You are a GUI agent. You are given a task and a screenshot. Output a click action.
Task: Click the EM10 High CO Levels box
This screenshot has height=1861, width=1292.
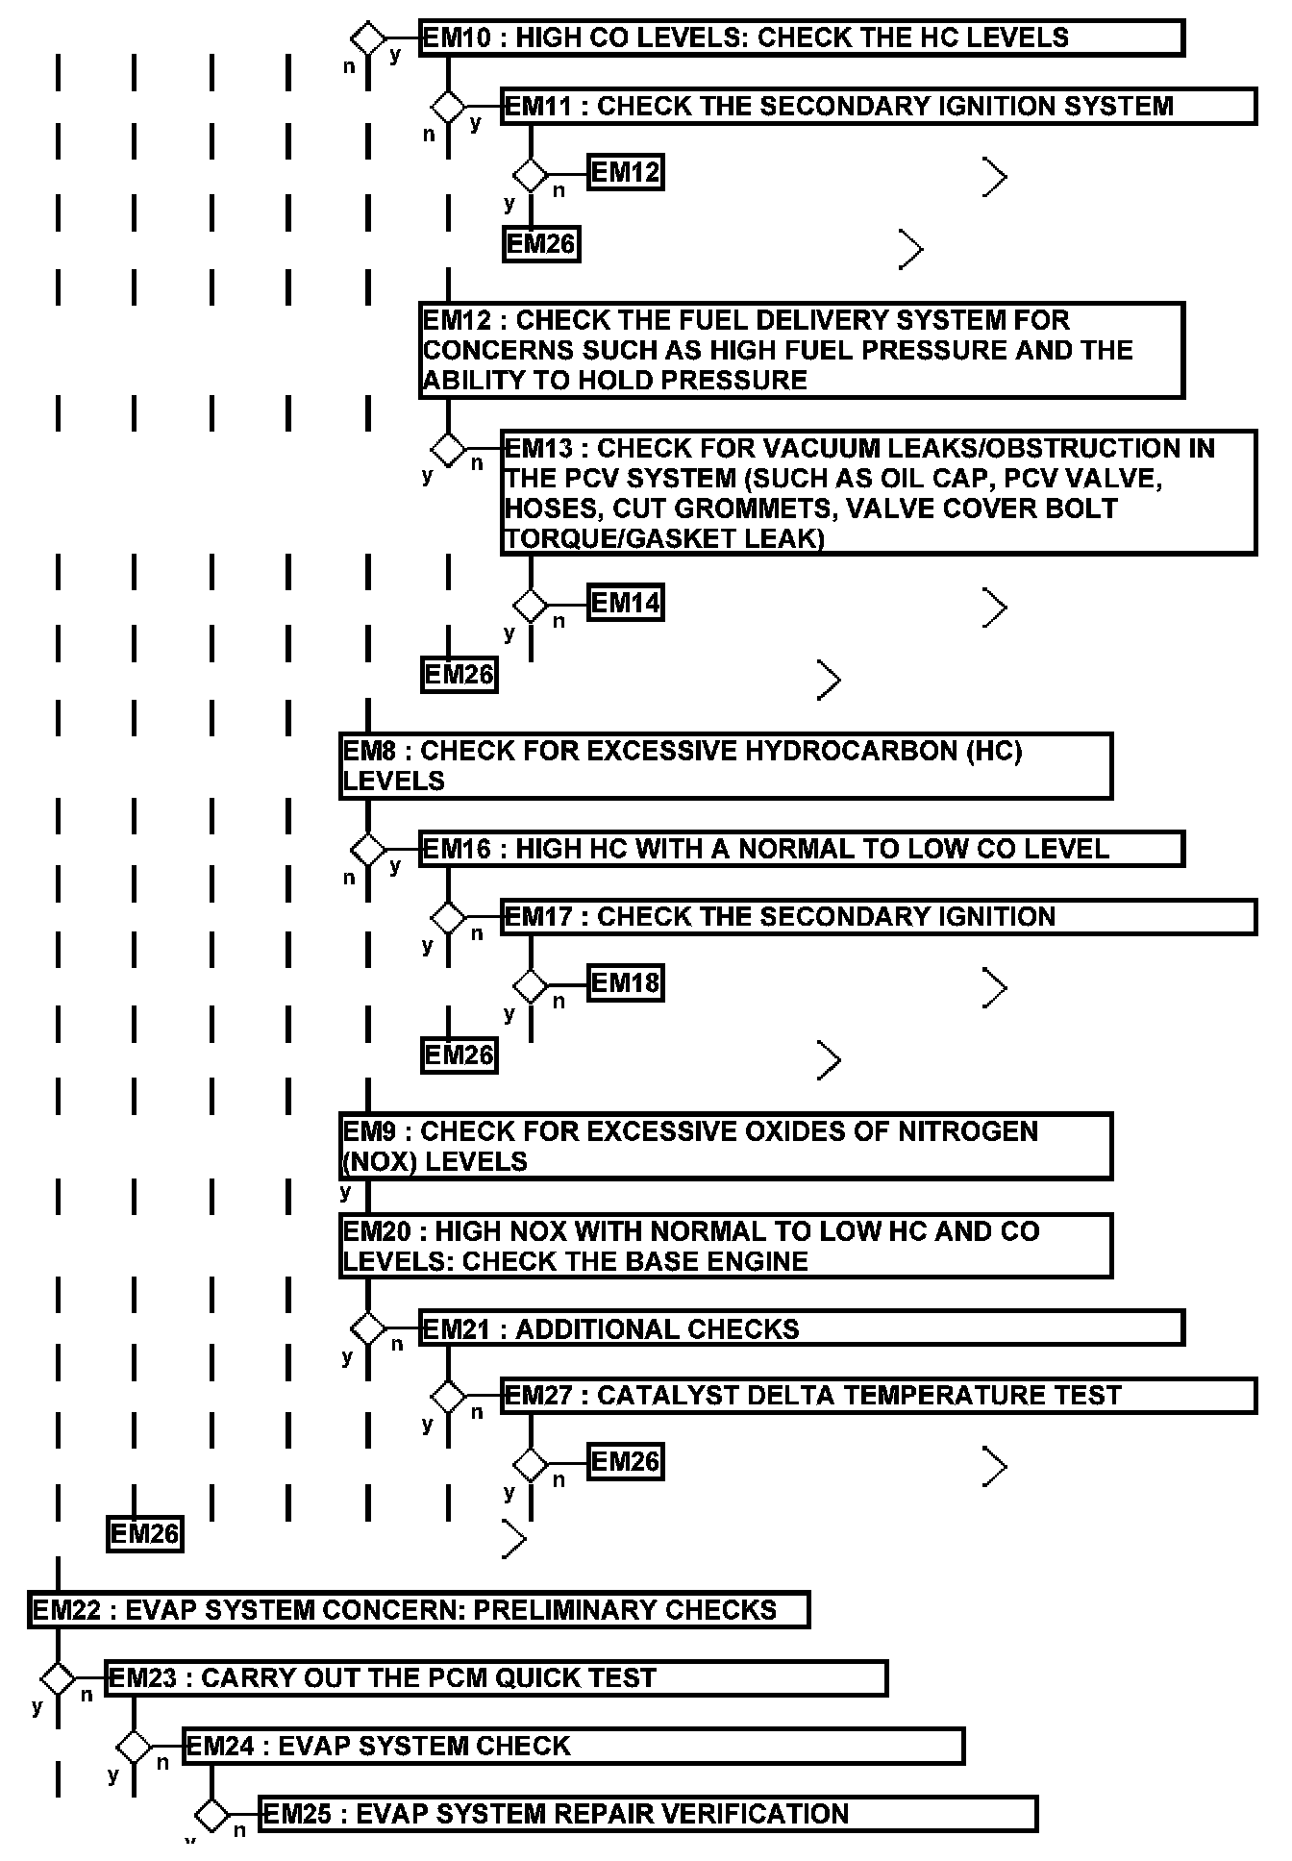[801, 38]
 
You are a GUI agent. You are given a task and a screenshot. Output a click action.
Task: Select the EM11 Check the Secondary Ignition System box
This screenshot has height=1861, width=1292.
[878, 107]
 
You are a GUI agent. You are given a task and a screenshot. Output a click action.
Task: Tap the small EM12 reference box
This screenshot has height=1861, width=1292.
[625, 173]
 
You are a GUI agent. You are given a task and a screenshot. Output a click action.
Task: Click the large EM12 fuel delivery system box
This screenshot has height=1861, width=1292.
[801, 350]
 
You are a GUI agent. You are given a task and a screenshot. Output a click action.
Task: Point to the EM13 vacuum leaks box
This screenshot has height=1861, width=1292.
[878, 493]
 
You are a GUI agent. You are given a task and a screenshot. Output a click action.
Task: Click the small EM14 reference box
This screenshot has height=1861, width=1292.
[625, 604]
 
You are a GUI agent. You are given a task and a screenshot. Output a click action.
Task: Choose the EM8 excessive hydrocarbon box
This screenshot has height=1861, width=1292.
[726, 766]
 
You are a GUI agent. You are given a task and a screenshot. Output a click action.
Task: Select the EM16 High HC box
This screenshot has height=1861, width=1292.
[801, 849]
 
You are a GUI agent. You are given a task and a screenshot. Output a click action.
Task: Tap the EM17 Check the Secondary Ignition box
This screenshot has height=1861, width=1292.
[878, 917]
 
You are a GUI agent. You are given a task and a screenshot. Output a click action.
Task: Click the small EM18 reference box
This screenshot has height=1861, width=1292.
[625, 983]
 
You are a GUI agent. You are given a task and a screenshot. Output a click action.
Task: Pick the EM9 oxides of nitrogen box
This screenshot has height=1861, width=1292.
[726, 1147]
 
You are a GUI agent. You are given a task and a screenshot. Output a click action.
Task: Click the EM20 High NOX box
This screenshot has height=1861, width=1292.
[726, 1247]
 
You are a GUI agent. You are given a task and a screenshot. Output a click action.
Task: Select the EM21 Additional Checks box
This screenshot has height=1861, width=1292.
[801, 1329]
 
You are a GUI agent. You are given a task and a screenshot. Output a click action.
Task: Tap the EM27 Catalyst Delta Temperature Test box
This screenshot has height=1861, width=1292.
[878, 1396]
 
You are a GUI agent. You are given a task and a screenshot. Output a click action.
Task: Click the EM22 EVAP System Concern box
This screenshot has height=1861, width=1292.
[418, 1610]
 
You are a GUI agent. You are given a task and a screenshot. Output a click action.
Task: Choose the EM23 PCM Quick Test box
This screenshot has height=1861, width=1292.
[495, 1678]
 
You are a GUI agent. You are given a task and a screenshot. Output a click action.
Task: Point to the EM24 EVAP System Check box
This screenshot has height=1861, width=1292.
[573, 1746]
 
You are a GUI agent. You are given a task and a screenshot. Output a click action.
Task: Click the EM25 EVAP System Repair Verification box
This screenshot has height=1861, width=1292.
[649, 1814]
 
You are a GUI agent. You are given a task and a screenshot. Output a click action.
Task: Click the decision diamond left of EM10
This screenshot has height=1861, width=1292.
[367, 39]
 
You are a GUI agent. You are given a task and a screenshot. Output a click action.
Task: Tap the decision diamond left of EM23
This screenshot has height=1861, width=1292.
[58, 1679]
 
